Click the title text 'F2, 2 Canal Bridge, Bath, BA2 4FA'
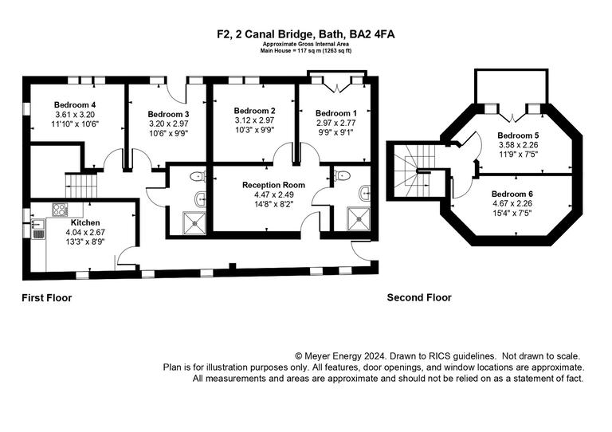(x=305, y=34)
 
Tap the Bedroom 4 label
(x=75, y=104)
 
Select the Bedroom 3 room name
(x=168, y=114)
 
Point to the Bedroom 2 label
(x=254, y=110)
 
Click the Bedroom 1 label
(x=335, y=113)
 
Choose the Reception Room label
(x=273, y=184)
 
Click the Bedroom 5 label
(x=518, y=135)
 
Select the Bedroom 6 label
(x=512, y=194)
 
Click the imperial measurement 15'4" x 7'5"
(x=512, y=213)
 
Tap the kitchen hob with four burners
(x=60, y=210)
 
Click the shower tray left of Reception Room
(x=194, y=222)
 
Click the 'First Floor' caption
(x=46, y=298)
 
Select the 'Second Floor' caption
(x=419, y=298)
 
